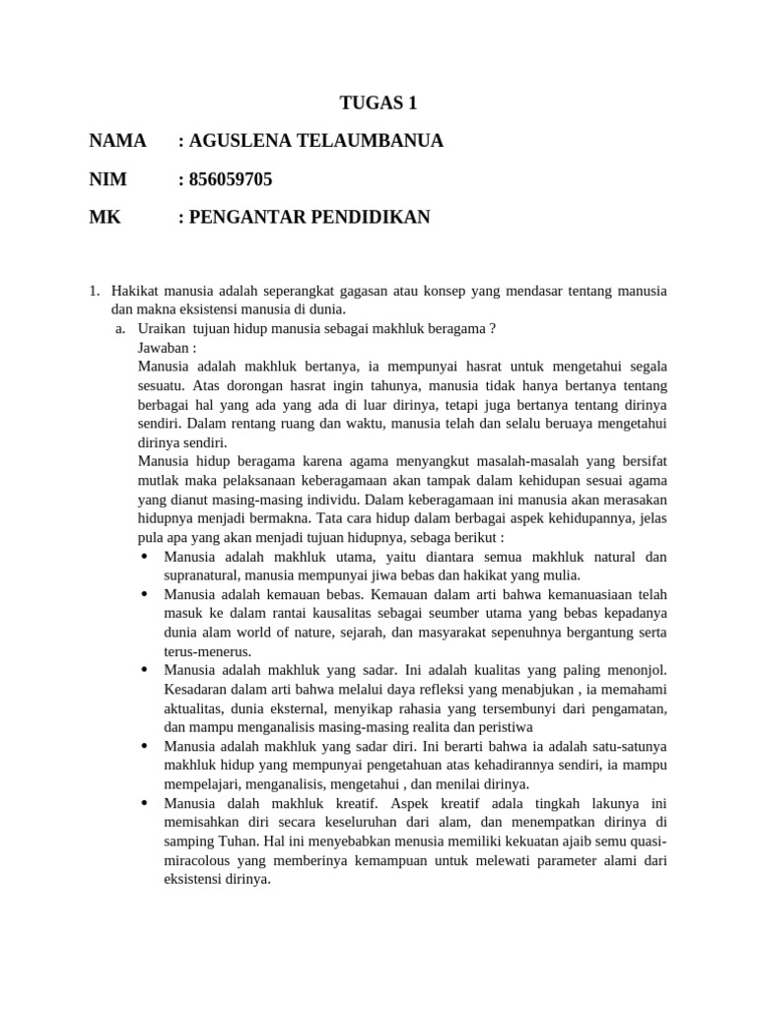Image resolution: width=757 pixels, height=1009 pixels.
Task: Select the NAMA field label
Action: [x=117, y=141]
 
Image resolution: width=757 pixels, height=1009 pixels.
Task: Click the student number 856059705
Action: [x=231, y=179]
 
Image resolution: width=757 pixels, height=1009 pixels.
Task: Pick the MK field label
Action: [x=104, y=217]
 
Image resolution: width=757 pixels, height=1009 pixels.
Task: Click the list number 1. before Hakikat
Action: [x=95, y=291]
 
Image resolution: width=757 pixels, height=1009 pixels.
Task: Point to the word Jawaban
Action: [x=165, y=347]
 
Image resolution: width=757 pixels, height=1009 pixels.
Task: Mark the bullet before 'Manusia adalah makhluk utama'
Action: [x=145, y=557]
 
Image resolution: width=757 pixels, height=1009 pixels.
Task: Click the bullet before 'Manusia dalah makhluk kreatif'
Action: [x=145, y=803]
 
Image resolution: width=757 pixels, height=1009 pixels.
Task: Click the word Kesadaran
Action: [x=197, y=689]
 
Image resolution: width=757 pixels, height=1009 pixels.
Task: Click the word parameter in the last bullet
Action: [x=589, y=859]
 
